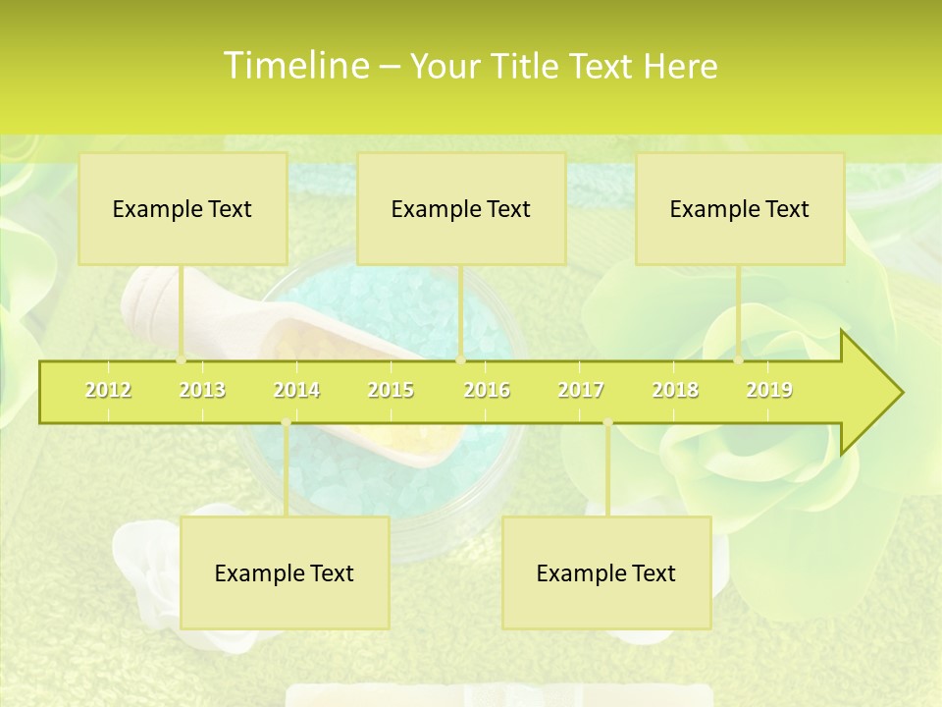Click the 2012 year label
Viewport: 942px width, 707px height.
[x=108, y=390]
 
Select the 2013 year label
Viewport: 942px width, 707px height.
[x=202, y=390]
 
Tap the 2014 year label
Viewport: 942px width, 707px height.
[x=296, y=390]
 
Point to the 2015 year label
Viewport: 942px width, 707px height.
[x=391, y=390]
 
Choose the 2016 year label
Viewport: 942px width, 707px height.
[x=487, y=390]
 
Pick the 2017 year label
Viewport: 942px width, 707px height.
[x=581, y=390]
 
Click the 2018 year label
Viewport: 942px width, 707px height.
[x=675, y=390]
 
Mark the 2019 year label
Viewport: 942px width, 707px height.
[x=769, y=390]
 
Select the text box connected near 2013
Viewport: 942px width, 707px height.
[x=183, y=208]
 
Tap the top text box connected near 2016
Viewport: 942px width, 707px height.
[x=461, y=208]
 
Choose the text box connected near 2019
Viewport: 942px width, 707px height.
[x=740, y=208]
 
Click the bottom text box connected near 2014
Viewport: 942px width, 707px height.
[x=285, y=572]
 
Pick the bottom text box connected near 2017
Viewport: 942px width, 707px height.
[x=606, y=572]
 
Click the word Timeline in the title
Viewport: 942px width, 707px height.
[x=294, y=66]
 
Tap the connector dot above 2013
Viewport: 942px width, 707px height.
[x=182, y=360]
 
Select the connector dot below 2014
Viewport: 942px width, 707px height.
[x=286, y=423]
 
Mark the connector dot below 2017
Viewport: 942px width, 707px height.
[x=607, y=423]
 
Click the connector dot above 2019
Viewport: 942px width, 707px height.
[x=739, y=360]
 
